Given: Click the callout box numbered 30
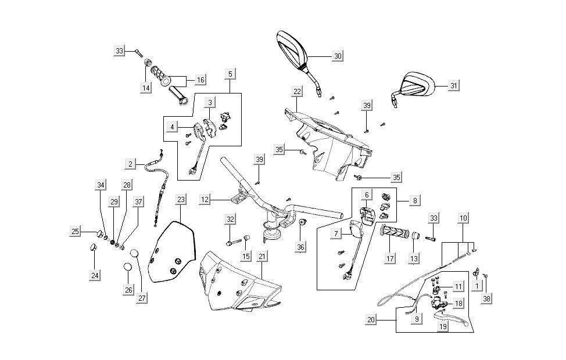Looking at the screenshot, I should (x=337, y=56).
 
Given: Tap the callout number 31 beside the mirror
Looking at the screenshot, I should (x=454, y=85).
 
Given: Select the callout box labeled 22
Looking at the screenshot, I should (x=297, y=91).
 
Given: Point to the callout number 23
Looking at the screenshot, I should (x=181, y=199).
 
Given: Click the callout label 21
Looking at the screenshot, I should (x=262, y=257).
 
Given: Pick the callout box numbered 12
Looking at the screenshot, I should (x=205, y=200).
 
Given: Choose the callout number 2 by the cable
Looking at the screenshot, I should (x=131, y=164).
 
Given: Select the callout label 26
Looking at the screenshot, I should (x=128, y=289).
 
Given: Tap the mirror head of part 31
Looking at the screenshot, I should (x=417, y=85).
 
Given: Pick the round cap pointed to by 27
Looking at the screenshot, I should (x=135, y=254).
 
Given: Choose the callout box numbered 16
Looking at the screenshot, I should (x=200, y=79).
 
